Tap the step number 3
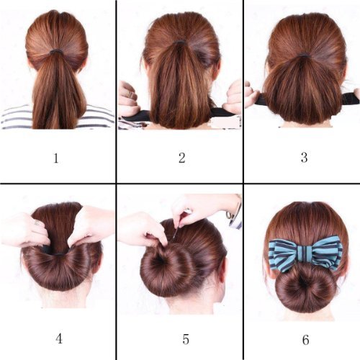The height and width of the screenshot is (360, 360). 301,157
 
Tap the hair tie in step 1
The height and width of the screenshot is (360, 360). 57,53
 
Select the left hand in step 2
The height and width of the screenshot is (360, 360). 129,98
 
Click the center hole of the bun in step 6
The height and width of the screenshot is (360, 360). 305,287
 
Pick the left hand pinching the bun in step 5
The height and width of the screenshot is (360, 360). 141,229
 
